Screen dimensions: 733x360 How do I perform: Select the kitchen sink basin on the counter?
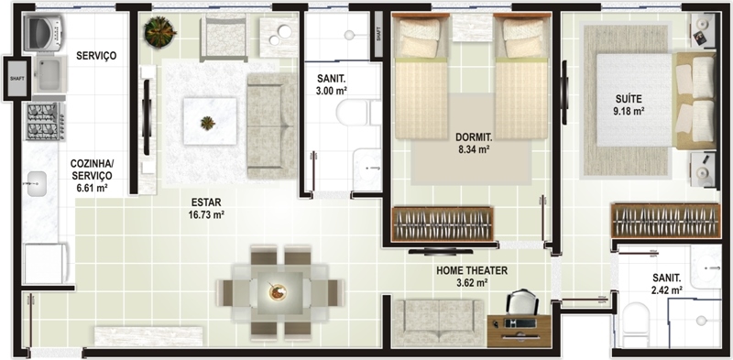pos(37,184)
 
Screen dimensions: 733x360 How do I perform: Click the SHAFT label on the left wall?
pos(17,78)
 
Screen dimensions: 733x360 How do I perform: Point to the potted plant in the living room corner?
pos(159,32)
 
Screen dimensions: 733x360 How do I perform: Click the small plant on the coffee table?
pos(208,124)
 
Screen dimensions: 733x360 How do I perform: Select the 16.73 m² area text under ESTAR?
pos(206,214)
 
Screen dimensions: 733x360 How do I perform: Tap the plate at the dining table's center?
pos(278,292)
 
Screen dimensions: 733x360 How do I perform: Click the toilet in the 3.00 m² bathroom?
pos(357,112)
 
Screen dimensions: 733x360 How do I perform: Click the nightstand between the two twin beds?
pos(472,27)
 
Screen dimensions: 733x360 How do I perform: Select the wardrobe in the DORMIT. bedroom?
pos(443,224)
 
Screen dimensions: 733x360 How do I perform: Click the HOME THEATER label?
pos(472,270)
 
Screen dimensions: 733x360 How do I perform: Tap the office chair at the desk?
pos(522,302)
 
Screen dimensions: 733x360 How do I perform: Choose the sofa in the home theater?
pos(439,322)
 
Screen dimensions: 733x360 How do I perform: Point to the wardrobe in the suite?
pos(666,221)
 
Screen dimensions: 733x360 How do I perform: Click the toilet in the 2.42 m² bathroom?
pos(635,324)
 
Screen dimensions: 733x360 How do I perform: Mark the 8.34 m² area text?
pos(474,149)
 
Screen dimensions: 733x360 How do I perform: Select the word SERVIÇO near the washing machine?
pos(96,56)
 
